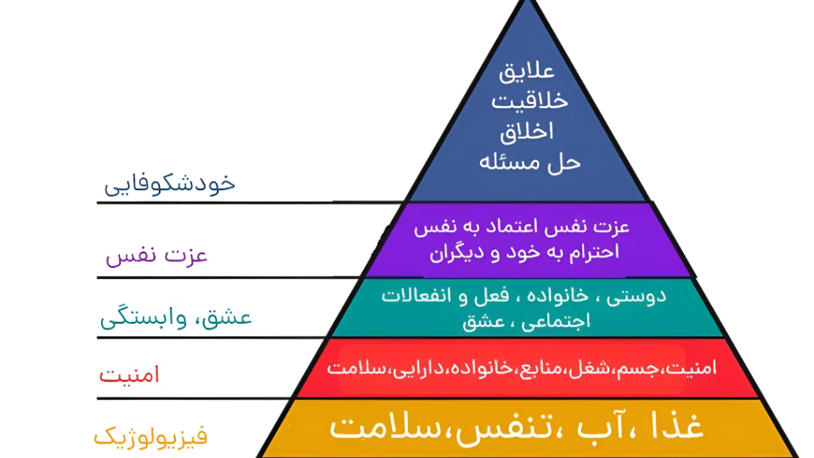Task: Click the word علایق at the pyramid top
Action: pyautogui.click(x=525, y=71)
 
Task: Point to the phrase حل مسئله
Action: pyautogui.click(x=530, y=162)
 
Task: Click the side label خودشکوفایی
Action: pyautogui.click(x=170, y=184)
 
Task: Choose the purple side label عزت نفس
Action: pyautogui.click(x=157, y=256)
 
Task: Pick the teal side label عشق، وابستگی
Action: pyautogui.click(x=176, y=319)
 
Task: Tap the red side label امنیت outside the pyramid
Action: pyautogui.click(x=129, y=374)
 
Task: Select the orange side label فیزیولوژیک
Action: pyautogui.click(x=150, y=436)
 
